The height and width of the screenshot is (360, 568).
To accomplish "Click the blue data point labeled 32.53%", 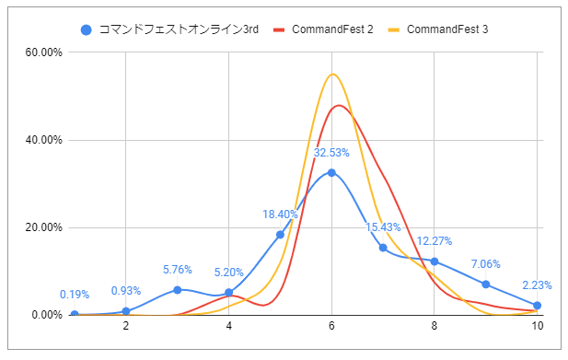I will point(331,172).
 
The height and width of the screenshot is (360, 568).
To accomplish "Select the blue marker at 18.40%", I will point(280,234).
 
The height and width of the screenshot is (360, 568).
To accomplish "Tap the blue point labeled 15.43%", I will point(383,248).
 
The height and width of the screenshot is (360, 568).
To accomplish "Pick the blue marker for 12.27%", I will point(435,261).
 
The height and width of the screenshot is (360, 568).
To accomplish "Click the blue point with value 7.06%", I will point(486,284).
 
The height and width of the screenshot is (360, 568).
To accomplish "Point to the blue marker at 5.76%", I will point(177,290).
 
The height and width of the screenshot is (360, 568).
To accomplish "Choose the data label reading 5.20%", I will point(228,273).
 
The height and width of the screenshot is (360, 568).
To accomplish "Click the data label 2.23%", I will point(537,285).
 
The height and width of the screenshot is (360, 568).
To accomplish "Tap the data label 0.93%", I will point(126,291).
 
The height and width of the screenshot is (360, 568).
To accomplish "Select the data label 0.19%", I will point(75,295).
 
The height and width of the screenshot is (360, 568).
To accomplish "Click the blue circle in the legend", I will point(87,29).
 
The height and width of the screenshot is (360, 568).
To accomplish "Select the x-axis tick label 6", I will point(331,326).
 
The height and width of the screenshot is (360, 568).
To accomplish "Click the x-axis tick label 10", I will point(536,326).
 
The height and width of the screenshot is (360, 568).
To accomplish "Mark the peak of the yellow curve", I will point(332,75).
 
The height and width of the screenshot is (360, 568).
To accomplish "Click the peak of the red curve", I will point(340,106).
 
